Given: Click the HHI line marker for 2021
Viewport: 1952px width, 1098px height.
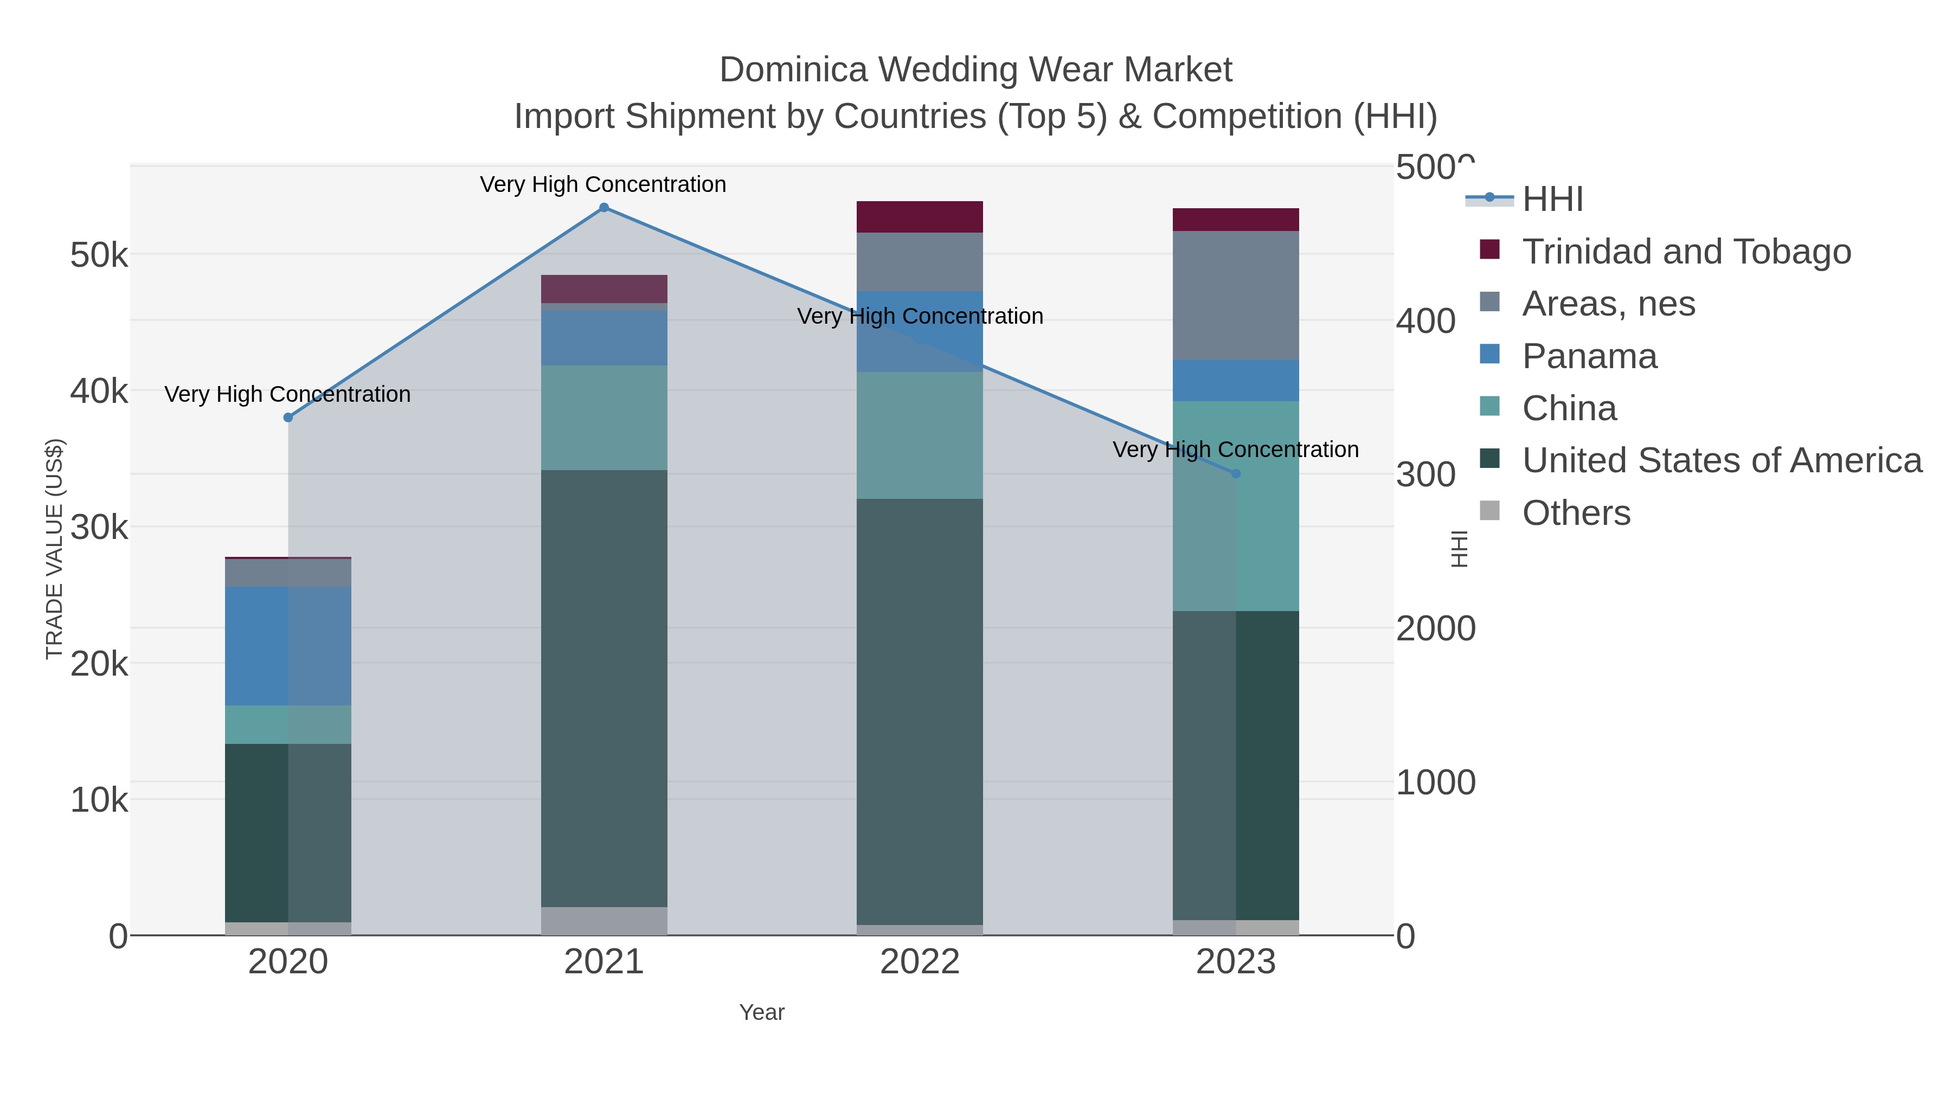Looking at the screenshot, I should coord(604,208).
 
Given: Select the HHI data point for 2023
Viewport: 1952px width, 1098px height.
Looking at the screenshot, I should coord(1236,473).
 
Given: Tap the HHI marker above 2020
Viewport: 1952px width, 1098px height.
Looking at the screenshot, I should coord(288,418).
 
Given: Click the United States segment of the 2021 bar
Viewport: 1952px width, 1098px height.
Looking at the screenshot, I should coord(604,688).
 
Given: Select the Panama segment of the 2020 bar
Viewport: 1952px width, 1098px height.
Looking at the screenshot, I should coord(288,646).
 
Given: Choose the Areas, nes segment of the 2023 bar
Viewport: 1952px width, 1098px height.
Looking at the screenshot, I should coord(1236,296).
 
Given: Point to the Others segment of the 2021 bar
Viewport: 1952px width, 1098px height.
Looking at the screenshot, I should coord(604,921).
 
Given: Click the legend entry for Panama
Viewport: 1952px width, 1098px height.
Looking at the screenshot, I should coord(1589,356).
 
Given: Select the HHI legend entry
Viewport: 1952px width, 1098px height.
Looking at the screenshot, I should coord(1552,200).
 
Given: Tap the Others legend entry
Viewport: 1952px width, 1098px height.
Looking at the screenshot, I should coord(1575,513).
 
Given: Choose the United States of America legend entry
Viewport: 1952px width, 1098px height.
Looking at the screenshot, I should coord(1721,461).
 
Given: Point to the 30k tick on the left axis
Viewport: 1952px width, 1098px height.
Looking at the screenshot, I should coord(99,528).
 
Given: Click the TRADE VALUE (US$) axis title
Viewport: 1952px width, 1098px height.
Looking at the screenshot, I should coord(55,549).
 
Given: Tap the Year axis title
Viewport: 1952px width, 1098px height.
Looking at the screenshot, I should coord(762,1012).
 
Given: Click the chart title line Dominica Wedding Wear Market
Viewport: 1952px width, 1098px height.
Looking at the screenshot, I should coord(975,70).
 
